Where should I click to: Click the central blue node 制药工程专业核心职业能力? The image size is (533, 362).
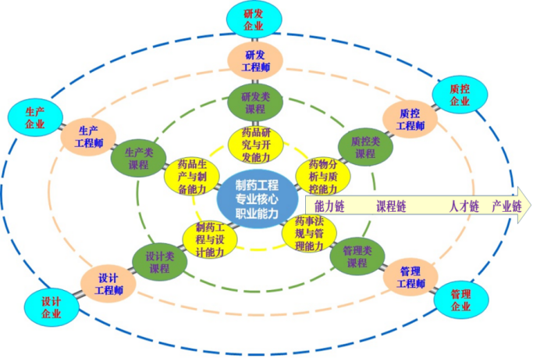pos(257,199)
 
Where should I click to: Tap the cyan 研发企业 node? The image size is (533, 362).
pos(253,19)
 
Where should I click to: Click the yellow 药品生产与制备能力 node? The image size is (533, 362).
pos(187,176)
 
